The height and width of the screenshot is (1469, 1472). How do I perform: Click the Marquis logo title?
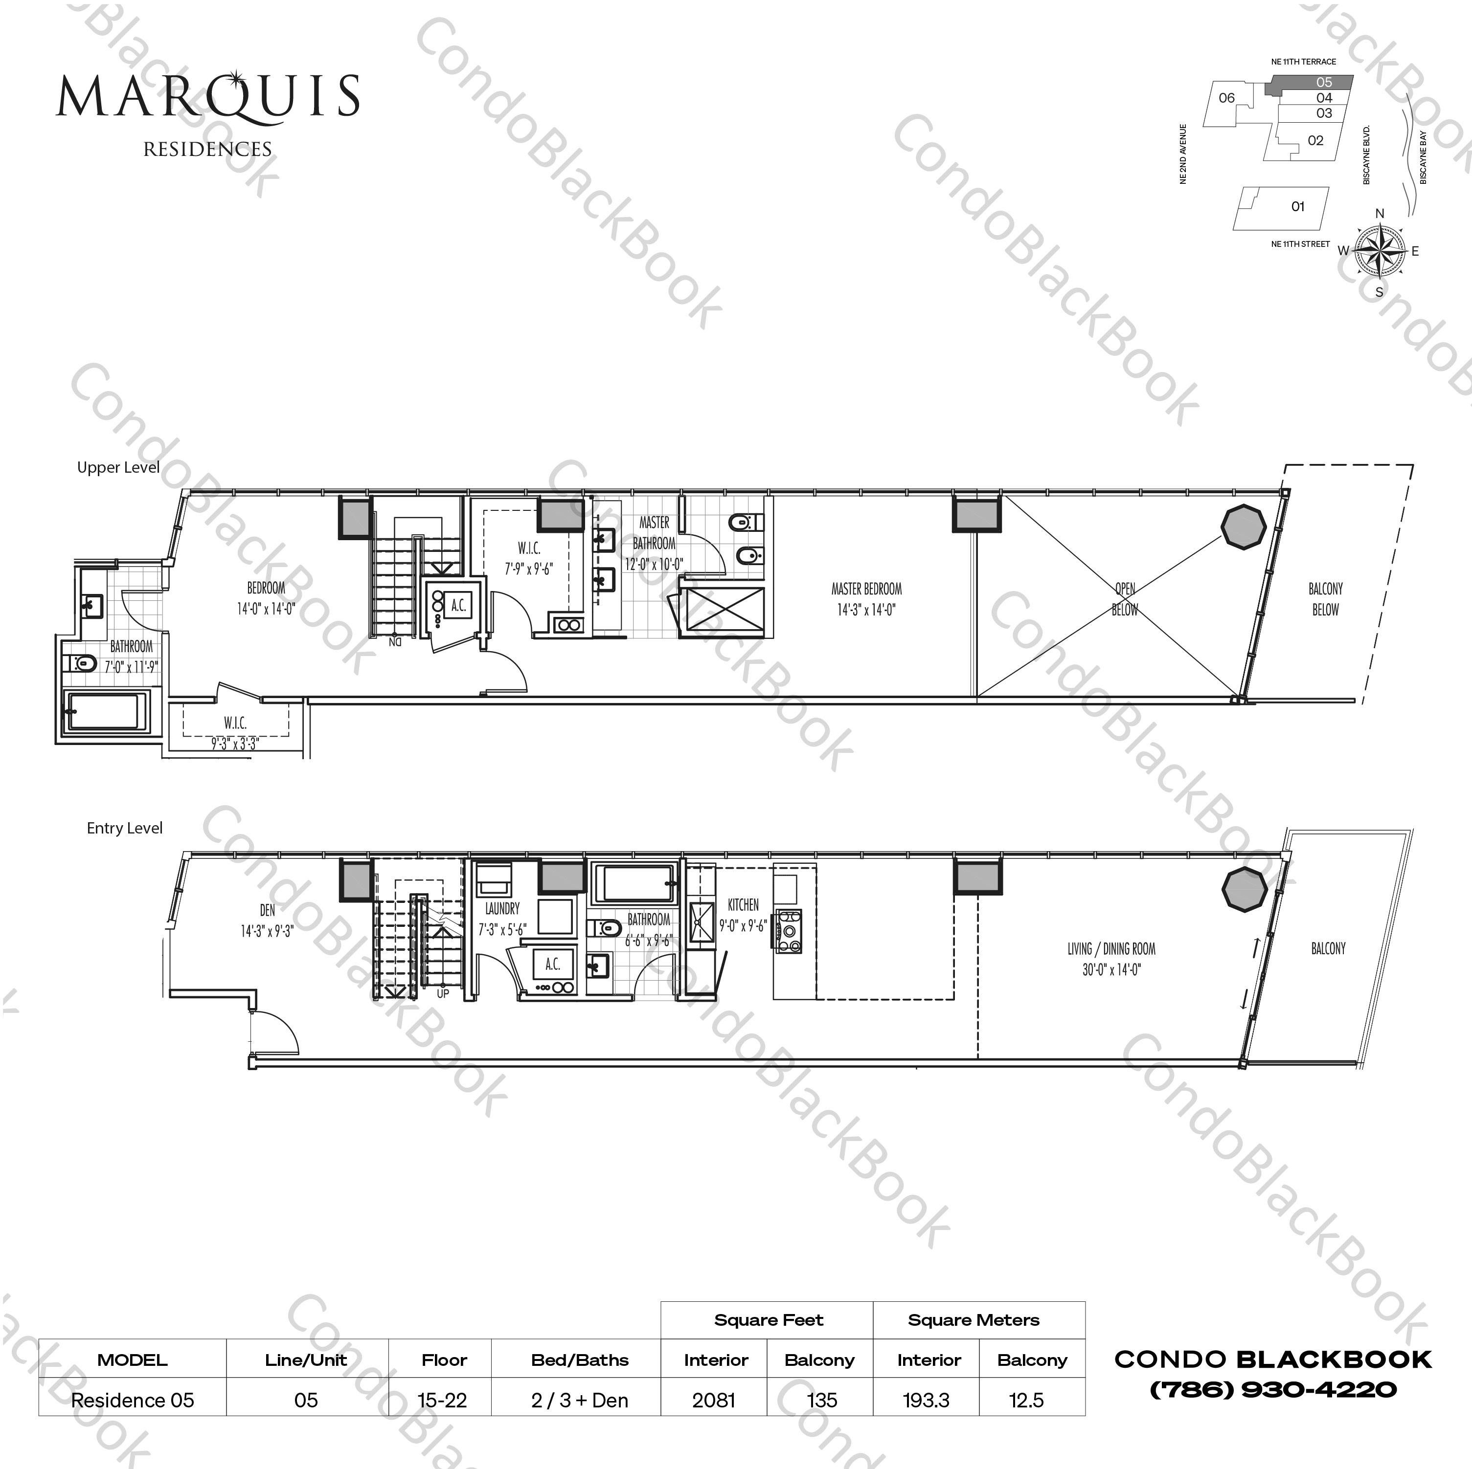(x=207, y=97)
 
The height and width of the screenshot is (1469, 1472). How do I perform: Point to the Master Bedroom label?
(x=866, y=598)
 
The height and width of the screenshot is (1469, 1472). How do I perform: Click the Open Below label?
(x=1125, y=598)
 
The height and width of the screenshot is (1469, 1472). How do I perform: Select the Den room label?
(x=267, y=920)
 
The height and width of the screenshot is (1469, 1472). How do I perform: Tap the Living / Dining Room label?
(x=1111, y=959)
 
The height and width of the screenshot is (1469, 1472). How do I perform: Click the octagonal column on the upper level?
(x=1244, y=526)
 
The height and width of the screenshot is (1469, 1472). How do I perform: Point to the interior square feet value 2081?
(x=714, y=1400)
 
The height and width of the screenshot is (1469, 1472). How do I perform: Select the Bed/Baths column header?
(x=580, y=1360)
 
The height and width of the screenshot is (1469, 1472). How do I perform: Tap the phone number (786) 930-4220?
(x=1272, y=1390)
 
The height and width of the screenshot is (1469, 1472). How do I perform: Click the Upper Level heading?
(x=118, y=467)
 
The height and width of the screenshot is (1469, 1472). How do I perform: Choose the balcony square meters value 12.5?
(x=1026, y=1400)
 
